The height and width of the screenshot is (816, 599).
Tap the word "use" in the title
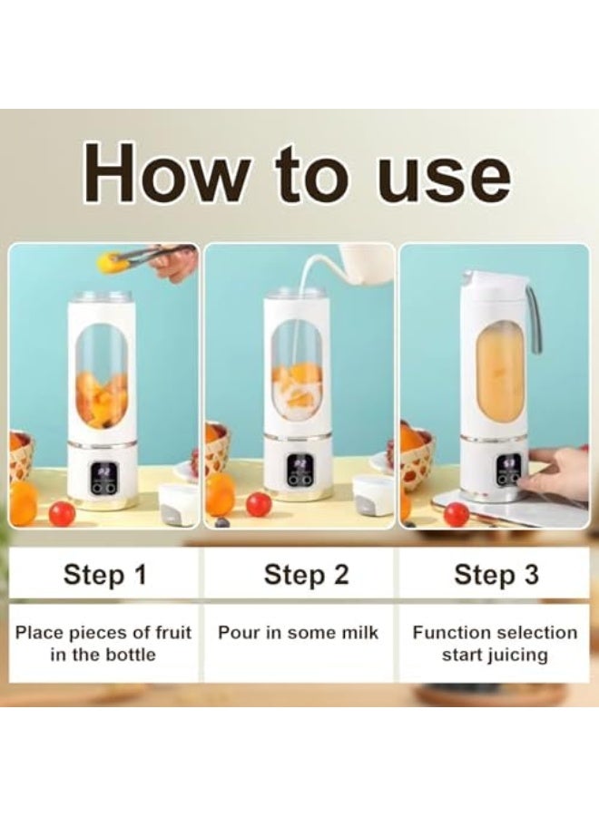tap(444, 175)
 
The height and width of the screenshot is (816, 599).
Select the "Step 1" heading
tap(104, 574)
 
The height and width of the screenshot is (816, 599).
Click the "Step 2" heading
tap(306, 574)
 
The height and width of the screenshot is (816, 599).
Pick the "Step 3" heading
tap(496, 574)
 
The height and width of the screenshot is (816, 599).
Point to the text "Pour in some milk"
tap(299, 633)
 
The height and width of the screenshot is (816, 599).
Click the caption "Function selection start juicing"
tap(495, 644)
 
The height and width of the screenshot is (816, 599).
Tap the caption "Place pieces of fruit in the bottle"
tap(103, 644)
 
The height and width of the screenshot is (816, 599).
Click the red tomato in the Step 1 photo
tap(62, 514)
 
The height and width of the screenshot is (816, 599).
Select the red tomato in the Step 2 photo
tap(259, 504)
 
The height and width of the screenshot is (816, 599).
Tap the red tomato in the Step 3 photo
tap(457, 514)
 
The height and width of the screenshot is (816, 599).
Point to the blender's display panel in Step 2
tap(299, 470)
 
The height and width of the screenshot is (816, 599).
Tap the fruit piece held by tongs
tap(112, 263)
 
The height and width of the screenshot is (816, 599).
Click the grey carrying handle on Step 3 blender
tap(535, 313)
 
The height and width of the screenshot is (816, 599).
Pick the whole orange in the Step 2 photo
tap(220, 495)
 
